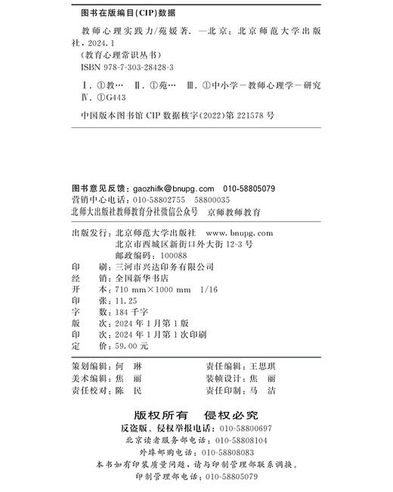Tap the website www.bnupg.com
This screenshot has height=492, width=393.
click(x=239, y=234)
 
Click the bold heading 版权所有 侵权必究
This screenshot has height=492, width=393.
click(x=196, y=416)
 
